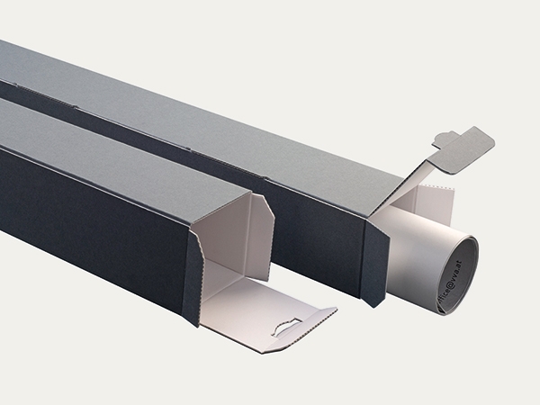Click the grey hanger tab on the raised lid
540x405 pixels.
click(468, 145)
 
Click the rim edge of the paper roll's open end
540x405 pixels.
click(474, 261)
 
